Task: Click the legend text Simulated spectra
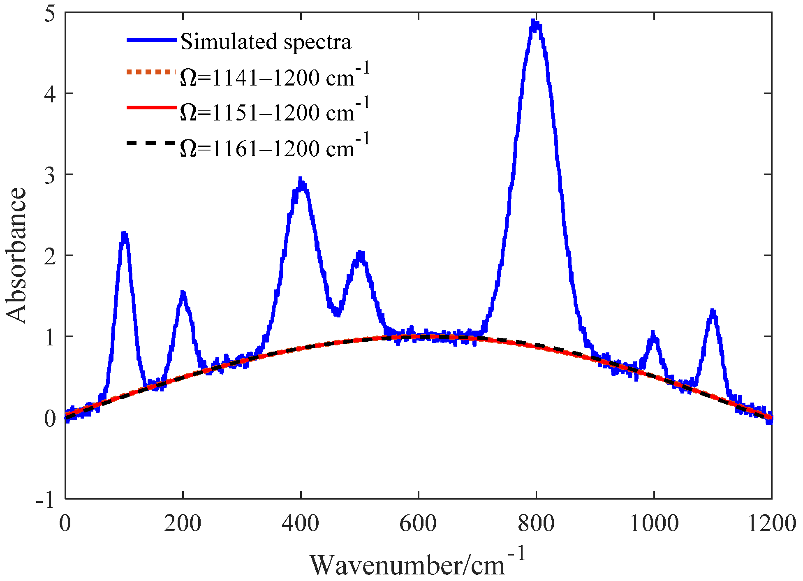266,42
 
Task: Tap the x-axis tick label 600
418,523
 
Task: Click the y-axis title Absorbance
16,255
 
